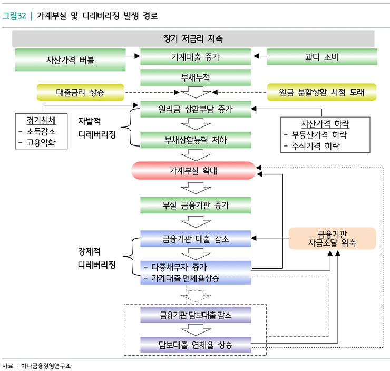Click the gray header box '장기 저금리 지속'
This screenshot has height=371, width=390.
click(193, 38)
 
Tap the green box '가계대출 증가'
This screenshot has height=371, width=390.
click(195, 57)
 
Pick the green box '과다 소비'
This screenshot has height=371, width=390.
click(321, 57)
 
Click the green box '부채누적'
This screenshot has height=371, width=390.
click(195, 77)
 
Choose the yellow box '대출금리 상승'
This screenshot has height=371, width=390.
click(80, 92)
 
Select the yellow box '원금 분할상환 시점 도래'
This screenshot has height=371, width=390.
click(321, 92)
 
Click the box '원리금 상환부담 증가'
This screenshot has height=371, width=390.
click(195, 110)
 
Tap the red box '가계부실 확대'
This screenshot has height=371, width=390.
click(193, 171)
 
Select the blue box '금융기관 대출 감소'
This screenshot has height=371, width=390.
click(195, 239)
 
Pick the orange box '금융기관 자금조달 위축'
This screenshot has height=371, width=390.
click(333, 238)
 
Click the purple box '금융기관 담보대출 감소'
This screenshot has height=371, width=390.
click(195, 315)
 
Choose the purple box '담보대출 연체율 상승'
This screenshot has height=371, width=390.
click(195, 346)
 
